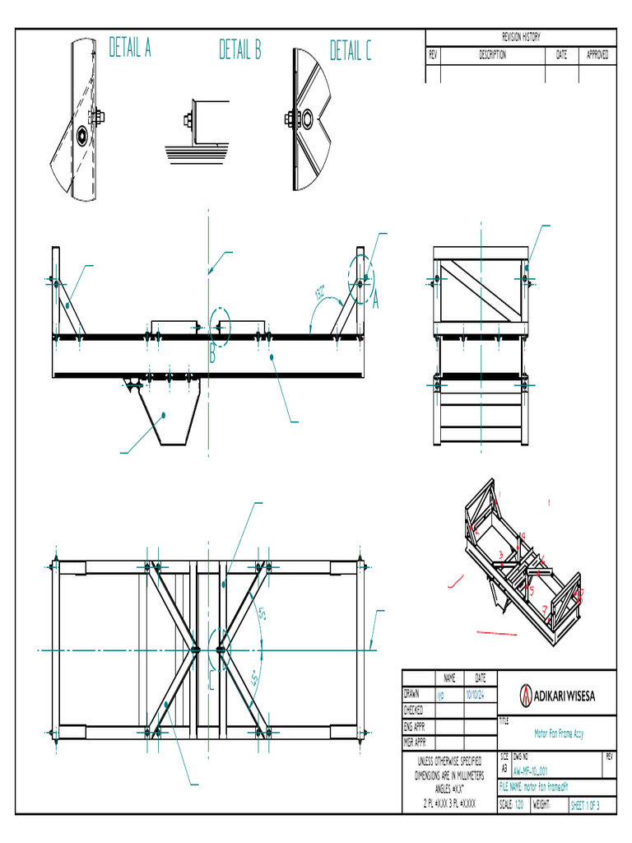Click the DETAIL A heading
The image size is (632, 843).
(130, 49)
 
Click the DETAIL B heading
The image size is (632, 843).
(239, 51)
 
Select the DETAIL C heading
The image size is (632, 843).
(351, 52)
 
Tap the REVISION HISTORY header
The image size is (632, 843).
(520, 37)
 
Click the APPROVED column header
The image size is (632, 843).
(597, 55)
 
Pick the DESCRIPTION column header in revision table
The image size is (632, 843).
(492, 55)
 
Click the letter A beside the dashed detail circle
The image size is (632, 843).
(377, 302)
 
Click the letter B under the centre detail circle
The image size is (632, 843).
(211, 355)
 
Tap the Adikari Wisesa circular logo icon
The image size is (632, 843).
(525, 696)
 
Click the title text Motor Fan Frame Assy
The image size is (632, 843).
(559, 733)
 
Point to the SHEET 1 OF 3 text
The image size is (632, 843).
(585, 806)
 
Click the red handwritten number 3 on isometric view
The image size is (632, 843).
(500, 555)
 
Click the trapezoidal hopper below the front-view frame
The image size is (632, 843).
(171, 417)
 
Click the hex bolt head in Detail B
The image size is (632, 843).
(188, 121)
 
